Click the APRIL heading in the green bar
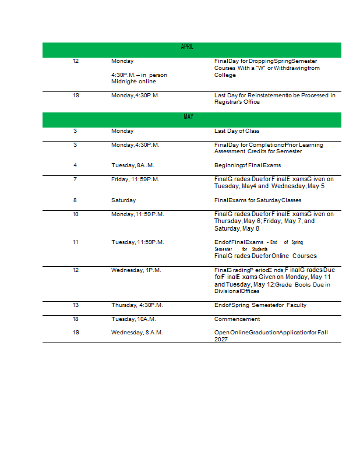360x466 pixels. tap(187, 47)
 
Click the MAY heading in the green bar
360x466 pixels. tap(188, 117)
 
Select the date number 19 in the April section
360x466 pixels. tap(76, 96)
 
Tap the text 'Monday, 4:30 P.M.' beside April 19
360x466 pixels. tap(135, 96)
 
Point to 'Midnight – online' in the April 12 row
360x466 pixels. tap(133, 82)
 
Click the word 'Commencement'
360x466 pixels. tap(237, 319)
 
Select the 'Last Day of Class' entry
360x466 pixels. tap(237, 131)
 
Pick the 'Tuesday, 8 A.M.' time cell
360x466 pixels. tap(133, 165)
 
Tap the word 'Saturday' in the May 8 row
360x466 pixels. tap(123, 200)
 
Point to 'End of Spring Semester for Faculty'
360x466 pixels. tap(260, 305)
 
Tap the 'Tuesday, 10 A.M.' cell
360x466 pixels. tap(133, 319)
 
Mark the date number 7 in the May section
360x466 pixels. tap(75, 179)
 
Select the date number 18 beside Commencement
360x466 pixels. tap(76, 319)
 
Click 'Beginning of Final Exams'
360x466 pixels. tap(248, 165)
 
